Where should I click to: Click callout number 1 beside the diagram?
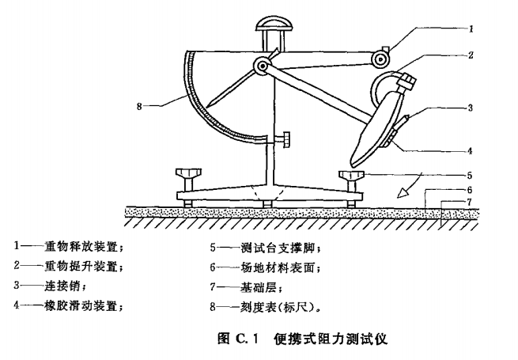pos(471,28)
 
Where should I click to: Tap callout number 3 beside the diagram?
pos(471,108)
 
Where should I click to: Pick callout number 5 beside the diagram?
pos(471,175)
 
